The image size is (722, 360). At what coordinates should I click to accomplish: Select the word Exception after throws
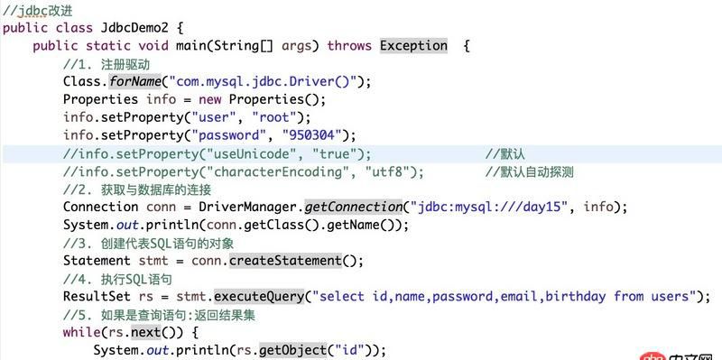coord(413,45)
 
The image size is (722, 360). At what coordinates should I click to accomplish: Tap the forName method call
coord(136,81)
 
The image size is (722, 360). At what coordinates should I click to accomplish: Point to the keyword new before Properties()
coord(209,99)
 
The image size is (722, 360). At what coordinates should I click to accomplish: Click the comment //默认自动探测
coord(529,171)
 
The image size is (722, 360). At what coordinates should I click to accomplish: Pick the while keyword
coord(81,332)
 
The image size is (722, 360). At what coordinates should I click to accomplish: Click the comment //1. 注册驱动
coord(106,63)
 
